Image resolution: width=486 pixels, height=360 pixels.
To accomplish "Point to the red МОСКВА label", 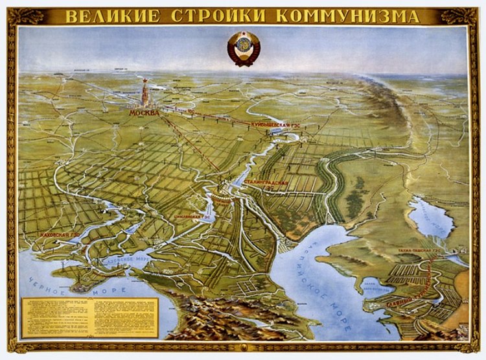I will point(144,112).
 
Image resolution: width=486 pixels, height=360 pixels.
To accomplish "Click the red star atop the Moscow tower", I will point(144,82).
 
